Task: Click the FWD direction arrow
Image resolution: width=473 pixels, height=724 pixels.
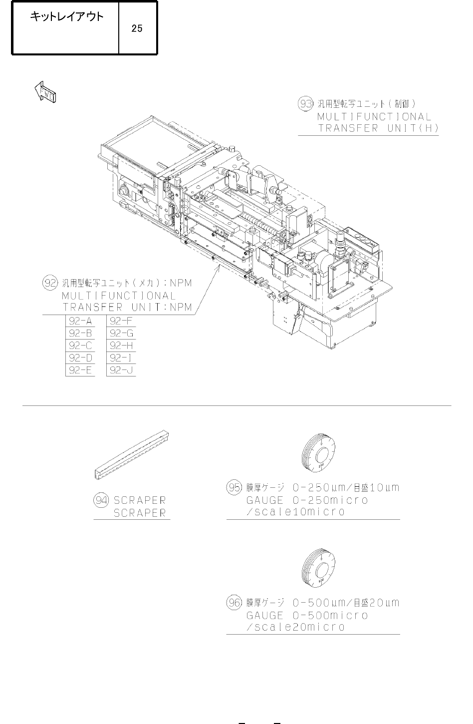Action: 45,92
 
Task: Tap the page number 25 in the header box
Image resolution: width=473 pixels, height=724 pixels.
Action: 137,28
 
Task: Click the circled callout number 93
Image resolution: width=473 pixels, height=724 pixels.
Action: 305,104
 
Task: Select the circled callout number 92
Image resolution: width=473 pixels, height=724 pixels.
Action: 50,283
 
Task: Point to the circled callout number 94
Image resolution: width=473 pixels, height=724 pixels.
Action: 101,500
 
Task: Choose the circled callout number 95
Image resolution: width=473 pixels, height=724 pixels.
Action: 234,487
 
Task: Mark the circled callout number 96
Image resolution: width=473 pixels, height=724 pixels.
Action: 234,603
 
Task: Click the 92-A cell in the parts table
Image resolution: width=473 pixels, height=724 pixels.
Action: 80,321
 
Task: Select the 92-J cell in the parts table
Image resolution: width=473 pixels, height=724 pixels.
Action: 121,370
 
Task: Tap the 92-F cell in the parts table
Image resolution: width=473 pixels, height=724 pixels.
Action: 121,321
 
